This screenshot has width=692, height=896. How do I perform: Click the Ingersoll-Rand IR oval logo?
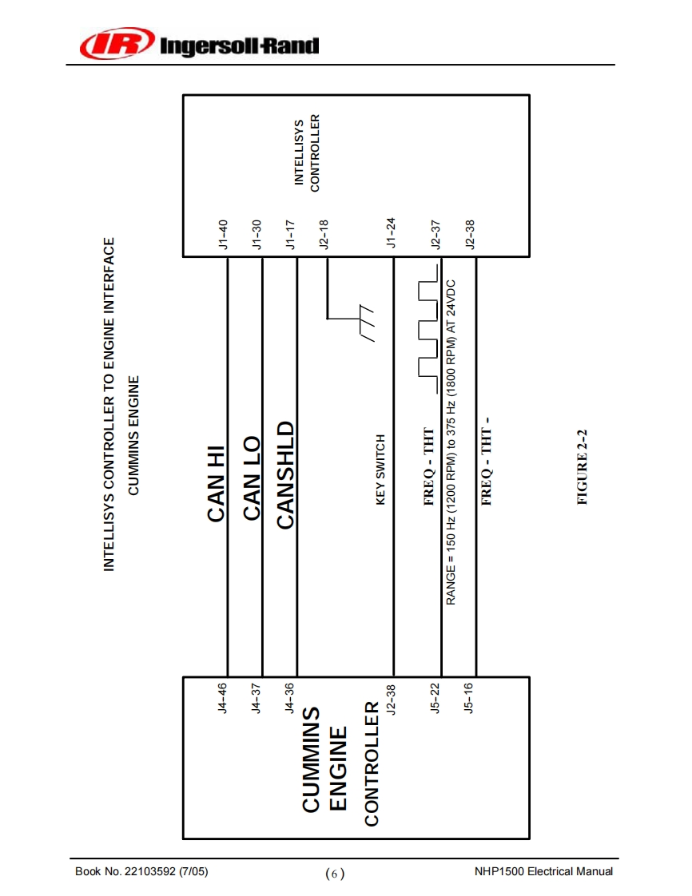117,44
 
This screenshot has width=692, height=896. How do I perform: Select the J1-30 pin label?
257,235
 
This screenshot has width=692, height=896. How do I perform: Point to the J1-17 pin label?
291,235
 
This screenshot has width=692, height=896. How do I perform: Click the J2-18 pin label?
324,235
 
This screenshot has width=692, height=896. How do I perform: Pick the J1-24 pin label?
392,235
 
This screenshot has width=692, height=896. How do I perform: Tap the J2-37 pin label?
436,235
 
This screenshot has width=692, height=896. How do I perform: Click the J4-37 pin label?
257,696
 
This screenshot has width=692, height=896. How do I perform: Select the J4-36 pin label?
291,696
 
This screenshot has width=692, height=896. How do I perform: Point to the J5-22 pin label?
436,696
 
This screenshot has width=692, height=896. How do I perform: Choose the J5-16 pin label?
470,696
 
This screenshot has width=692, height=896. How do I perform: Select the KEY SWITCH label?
381,470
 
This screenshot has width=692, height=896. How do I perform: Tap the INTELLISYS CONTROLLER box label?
307,153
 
